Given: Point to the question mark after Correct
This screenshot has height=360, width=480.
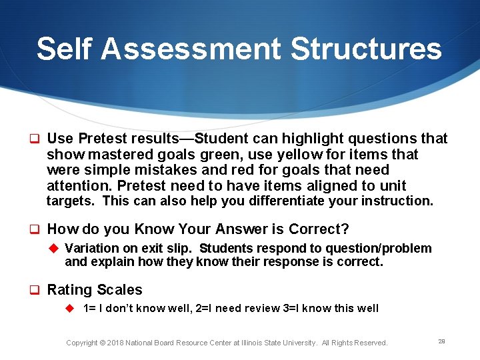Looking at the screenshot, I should (x=345, y=229).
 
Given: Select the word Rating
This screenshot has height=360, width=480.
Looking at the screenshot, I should (x=69, y=290).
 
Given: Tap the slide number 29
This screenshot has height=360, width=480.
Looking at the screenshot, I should (x=441, y=341).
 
